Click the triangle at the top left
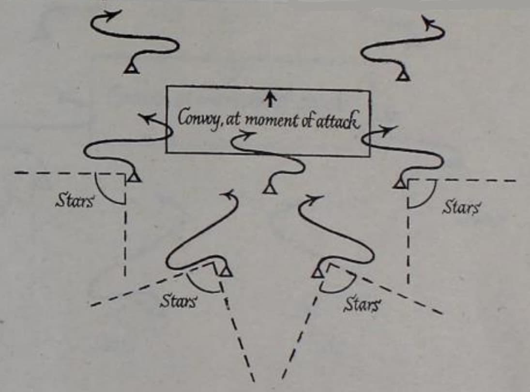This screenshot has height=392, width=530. (x=132, y=68)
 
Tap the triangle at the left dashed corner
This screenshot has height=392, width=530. (x=135, y=176)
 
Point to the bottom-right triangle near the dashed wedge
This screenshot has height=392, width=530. (x=318, y=272)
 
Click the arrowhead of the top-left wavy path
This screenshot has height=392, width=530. (x=113, y=15)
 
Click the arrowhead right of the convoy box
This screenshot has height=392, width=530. (x=389, y=130)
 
